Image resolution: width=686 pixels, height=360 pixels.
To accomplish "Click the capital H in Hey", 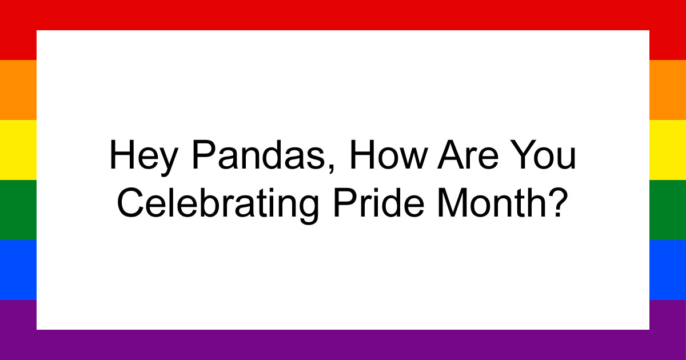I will pyautogui.click(x=119, y=155).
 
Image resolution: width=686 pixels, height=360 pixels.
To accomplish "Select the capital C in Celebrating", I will pyautogui.click(x=129, y=203).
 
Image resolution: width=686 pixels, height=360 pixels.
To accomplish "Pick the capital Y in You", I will pyautogui.click(x=527, y=155).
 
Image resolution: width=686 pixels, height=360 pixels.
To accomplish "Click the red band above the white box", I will pyautogui.click(x=343, y=15).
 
